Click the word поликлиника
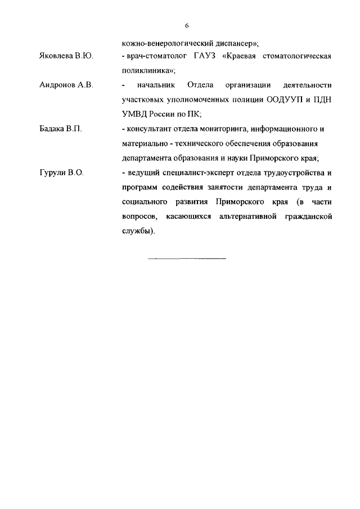148,71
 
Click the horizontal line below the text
186,258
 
